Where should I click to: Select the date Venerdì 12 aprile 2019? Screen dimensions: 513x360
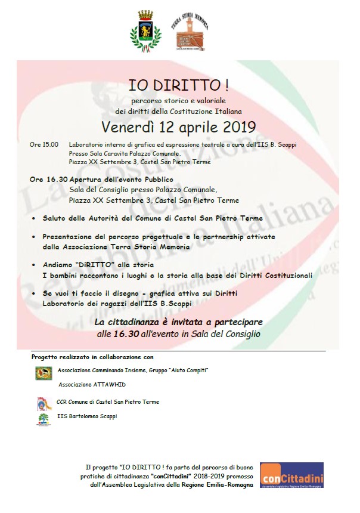pos(178,127)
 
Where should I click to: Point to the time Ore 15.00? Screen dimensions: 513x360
pos(44,144)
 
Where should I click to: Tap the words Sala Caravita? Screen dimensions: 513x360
pos(105,153)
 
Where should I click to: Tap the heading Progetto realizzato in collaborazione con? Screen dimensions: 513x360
pos(92,357)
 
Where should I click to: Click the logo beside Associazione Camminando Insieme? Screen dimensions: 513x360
pos(44,373)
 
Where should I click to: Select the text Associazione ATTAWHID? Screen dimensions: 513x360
pos(91,385)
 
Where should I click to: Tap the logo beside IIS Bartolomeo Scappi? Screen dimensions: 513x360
pos(44,419)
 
